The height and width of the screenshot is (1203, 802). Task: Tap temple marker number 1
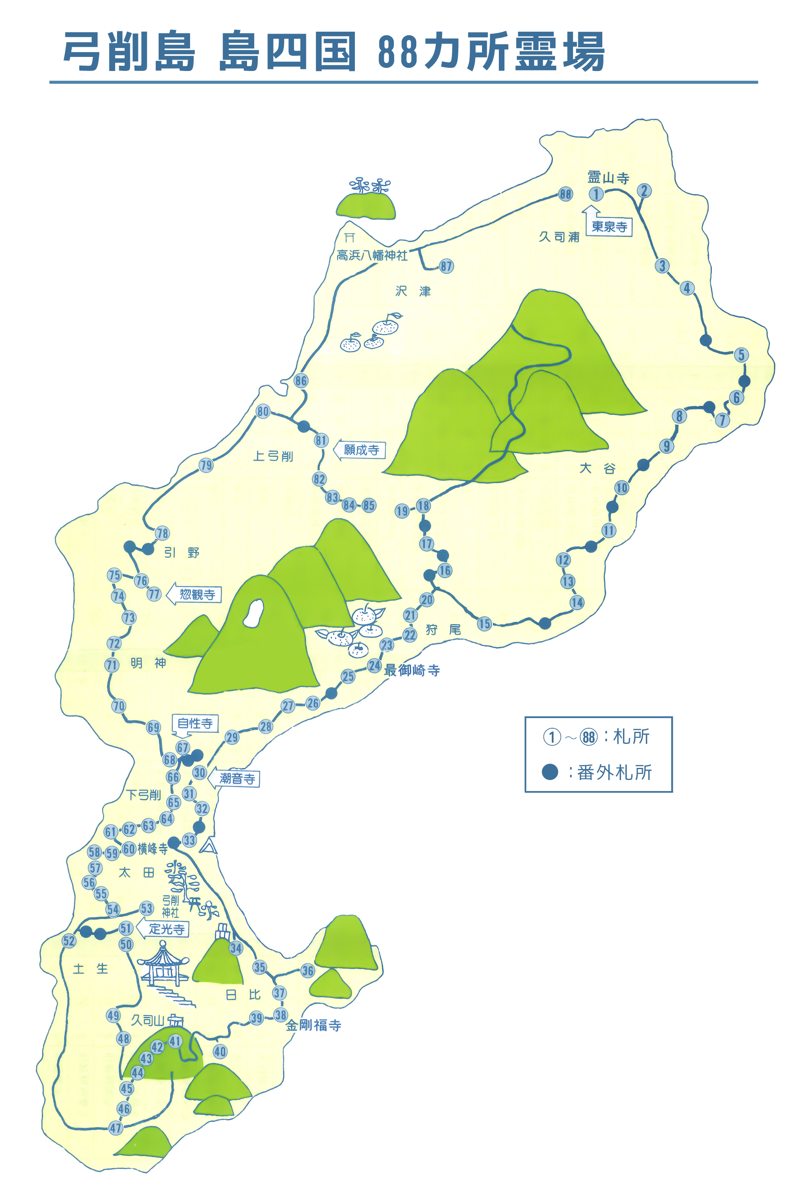point(596,194)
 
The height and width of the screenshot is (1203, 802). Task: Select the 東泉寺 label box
point(609,227)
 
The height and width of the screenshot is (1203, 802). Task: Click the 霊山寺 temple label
point(608,178)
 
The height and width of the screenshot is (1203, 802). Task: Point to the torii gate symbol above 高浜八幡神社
point(349,237)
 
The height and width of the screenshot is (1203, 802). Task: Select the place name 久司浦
point(559,237)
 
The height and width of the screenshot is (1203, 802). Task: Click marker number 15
point(484,624)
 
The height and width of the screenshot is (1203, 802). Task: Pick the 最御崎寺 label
point(412,670)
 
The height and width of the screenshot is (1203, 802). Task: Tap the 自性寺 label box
point(195,723)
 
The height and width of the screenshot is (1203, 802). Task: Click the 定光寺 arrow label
point(166,929)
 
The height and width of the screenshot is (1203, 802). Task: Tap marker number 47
point(116,1128)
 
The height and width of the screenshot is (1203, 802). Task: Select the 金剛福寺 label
point(313,1025)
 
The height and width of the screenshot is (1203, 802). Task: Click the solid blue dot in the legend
point(550,772)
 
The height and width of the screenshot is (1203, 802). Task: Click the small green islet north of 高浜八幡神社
point(366,206)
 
